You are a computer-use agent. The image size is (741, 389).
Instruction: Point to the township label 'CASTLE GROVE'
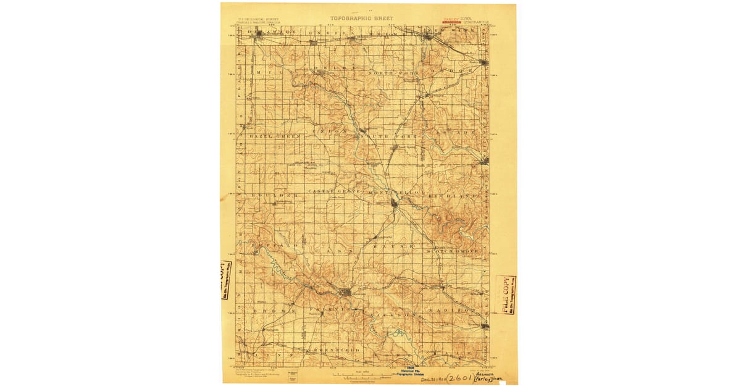334,193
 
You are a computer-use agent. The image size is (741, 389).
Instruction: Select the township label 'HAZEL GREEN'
275,136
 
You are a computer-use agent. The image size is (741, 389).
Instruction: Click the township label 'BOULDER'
267,195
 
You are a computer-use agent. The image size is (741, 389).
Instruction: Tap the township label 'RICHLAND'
455,195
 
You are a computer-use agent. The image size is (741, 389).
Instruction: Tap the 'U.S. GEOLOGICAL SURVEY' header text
251,20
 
